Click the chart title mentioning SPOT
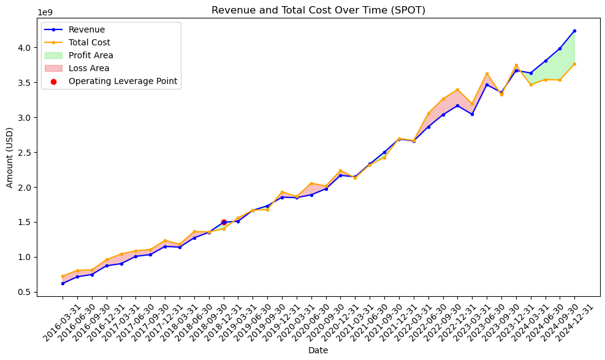point(318,10)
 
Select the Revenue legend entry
point(86,29)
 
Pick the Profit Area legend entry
point(91,55)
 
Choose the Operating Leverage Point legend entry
point(123,81)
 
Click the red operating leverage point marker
point(224,222)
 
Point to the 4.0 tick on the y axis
point(26,47)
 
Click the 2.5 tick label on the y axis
point(26,152)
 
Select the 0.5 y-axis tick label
point(26,292)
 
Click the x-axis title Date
point(318,350)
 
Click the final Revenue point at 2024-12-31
point(574,31)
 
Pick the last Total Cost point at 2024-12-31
point(574,64)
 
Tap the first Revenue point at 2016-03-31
point(63,283)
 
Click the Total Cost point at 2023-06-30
point(487,74)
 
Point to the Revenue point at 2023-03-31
point(472,114)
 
